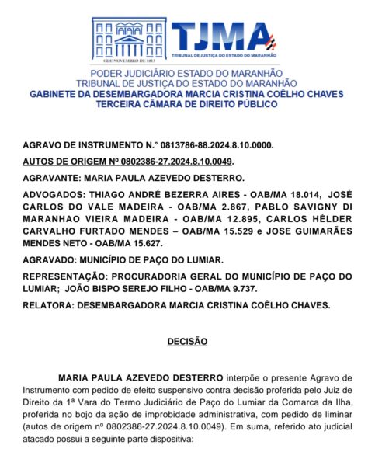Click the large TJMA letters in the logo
coord(220,35)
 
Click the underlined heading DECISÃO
coord(187,340)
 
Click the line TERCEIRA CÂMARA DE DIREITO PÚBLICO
coord(187,104)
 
